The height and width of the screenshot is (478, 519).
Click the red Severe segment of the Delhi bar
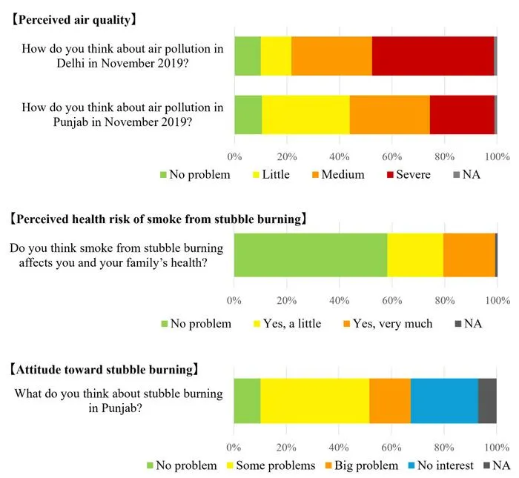(432, 56)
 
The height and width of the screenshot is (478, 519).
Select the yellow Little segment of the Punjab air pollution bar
(305, 115)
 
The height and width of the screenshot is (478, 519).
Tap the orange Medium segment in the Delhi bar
(331, 56)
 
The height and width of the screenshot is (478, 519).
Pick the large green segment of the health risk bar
(311, 255)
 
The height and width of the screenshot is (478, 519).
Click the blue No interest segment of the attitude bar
(445, 401)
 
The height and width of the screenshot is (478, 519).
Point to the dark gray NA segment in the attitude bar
(487, 401)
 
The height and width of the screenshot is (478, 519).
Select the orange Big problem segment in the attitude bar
(390, 401)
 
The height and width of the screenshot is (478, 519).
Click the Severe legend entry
(409, 174)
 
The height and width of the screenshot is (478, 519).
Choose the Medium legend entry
(338, 174)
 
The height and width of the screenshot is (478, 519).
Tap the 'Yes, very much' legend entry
(388, 324)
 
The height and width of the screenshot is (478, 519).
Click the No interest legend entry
(441, 465)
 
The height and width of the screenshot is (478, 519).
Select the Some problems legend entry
(271, 465)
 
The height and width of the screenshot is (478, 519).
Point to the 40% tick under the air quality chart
(340, 156)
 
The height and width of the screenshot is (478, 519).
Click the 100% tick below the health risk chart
(497, 300)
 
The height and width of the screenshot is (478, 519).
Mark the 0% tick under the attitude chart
(234, 448)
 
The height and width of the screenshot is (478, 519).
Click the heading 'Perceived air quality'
(74, 20)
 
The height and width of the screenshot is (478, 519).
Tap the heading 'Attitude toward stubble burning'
(105, 370)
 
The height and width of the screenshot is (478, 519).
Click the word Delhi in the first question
(70, 63)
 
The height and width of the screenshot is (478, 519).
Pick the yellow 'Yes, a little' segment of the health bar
(415, 255)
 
